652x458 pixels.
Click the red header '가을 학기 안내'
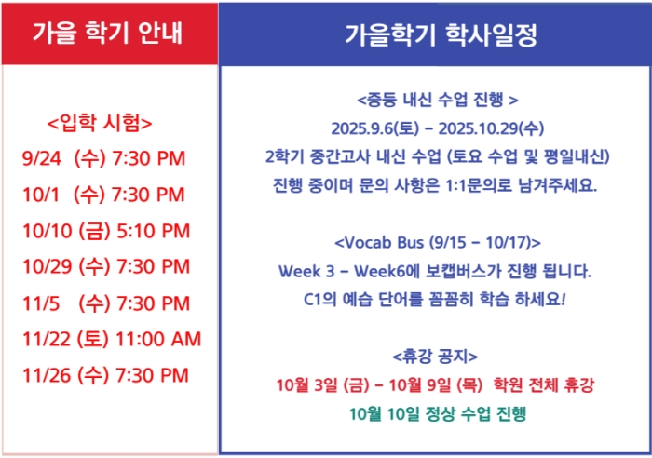point(107,33)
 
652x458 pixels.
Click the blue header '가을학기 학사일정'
point(441,35)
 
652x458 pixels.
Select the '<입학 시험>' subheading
point(100,123)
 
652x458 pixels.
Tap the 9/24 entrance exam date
point(42,158)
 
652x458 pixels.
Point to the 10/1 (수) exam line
point(103,195)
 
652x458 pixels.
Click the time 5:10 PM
point(153,231)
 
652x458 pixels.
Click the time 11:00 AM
point(158,339)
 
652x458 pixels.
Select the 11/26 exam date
point(47,375)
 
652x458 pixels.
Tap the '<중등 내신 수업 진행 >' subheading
point(438,100)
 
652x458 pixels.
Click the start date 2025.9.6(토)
point(375,128)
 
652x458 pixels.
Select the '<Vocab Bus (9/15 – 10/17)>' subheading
point(438,242)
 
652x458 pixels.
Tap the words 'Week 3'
point(306,272)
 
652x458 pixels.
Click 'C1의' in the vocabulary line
point(319,300)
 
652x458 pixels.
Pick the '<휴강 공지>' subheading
point(435,357)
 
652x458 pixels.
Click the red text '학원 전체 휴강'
point(543,384)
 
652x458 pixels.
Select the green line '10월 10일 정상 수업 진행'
point(438,413)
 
